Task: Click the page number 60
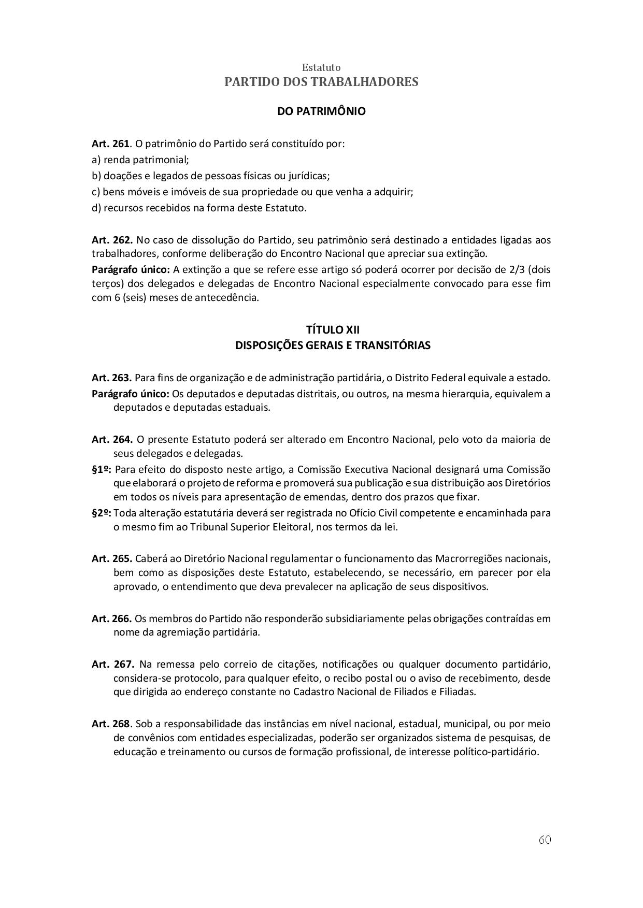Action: point(544,840)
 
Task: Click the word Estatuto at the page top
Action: point(321,67)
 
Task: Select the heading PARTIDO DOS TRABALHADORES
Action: point(321,82)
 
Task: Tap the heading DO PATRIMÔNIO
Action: point(321,111)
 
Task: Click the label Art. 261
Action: point(110,143)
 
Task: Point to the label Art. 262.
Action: point(112,240)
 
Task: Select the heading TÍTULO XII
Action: point(333,330)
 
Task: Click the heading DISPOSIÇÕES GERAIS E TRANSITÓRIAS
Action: point(333,345)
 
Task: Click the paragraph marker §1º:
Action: point(102,470)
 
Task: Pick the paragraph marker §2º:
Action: point(102,513)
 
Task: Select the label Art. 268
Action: point(110,724)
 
